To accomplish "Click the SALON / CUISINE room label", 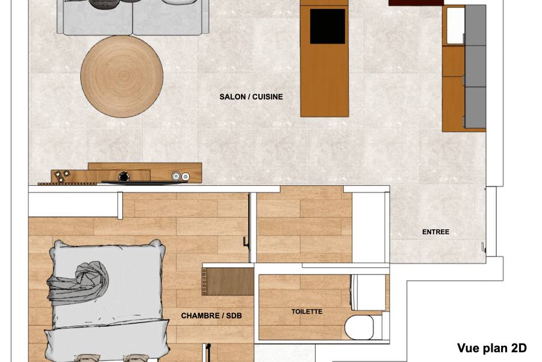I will [x=251, y=97].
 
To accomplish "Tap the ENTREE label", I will [x=435, y=232].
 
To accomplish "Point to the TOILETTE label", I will [x=307, y=312].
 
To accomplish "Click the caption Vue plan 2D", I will [x=491, y=348].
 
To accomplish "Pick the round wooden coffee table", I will [x=122, y=76].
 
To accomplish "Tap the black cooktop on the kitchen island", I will [x=327, y=26].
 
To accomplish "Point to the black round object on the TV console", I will [x=124, y=177].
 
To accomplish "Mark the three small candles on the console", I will [x=61, y=177].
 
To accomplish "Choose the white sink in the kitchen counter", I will [x=455, y=25].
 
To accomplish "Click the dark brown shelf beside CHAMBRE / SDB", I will [x=228, y=282].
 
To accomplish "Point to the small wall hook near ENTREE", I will [x=483, y=247].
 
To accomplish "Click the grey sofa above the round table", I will [x=132, y=17].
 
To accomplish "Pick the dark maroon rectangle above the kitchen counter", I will [x=416, y=2].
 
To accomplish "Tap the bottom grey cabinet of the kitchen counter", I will [x=475, y=107].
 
